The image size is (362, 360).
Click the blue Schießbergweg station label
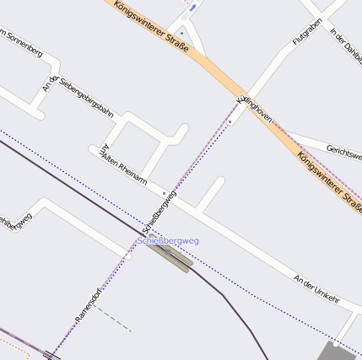168,241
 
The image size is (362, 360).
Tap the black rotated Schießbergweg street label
159,212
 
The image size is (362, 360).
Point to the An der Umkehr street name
316,288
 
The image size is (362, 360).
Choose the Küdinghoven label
254,105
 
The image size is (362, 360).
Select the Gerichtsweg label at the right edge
343,151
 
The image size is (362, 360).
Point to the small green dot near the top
181,33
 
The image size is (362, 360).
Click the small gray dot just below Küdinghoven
230,121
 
